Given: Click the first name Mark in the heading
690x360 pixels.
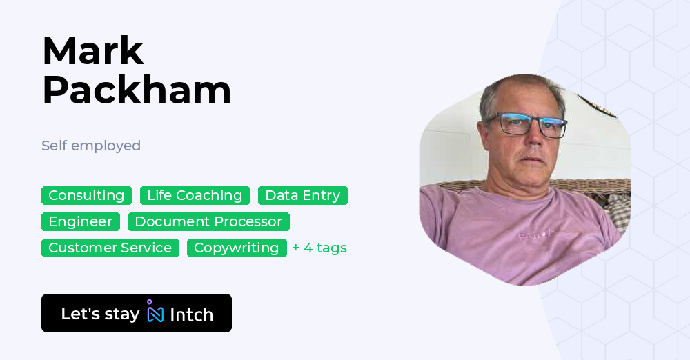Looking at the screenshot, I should (x=93, y=51).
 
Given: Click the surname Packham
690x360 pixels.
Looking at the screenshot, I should (x=137, y=90).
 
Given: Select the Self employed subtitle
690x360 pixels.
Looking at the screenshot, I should (x=91, y=146).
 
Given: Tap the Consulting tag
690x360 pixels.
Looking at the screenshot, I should (x=86, y=195).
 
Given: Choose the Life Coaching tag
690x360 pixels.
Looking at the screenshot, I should (x=195, y=195).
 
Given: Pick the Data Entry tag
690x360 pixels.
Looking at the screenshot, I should (x=303, y=195).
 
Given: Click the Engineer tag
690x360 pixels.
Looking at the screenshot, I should (x=80, y=221).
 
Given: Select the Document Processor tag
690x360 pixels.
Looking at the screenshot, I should (x=208, y=221).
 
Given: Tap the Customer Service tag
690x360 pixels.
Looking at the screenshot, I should (x=110, y=248).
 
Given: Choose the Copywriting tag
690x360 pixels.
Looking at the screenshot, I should (x=236, y=248).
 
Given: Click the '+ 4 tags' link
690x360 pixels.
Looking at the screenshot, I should (x=319, y=248).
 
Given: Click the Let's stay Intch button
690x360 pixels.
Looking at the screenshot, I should (x=136, y=313).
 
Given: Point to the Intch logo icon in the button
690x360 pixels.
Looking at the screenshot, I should (x=155, y=312).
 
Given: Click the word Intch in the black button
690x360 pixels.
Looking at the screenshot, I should (x=191, y=314).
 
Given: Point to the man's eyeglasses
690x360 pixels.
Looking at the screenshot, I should (x=529, y=124).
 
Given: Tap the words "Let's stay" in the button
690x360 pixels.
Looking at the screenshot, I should (x=100, y=314).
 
